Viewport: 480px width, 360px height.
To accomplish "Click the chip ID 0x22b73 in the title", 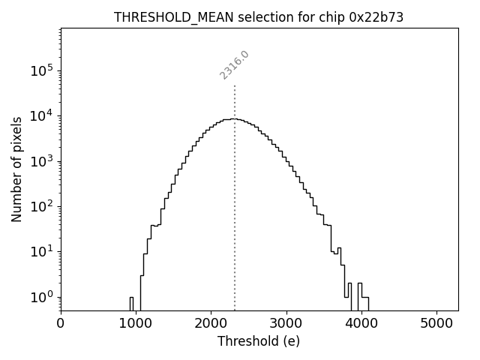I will (x=377, y=17).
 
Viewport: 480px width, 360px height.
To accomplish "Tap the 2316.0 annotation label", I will (x=234, y=65).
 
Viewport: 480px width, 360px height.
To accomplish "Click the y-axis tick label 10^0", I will (x=43, y=297).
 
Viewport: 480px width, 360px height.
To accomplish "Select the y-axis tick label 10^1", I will (x=43, y=251).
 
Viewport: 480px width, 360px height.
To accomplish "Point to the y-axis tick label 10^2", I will (x=43, y=206).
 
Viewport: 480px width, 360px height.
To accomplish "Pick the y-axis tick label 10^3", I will (x=43, y=161).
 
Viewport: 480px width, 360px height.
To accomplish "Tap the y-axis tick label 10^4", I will (x=43, y=115).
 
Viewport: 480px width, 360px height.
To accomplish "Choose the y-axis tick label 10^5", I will (x=43, y=70).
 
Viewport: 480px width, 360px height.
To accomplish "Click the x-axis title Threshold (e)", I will (x=259, y=341).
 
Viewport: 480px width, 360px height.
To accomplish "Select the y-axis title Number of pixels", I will (x=17, y=169).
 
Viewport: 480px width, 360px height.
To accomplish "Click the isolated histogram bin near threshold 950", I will (x=131, y=302).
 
